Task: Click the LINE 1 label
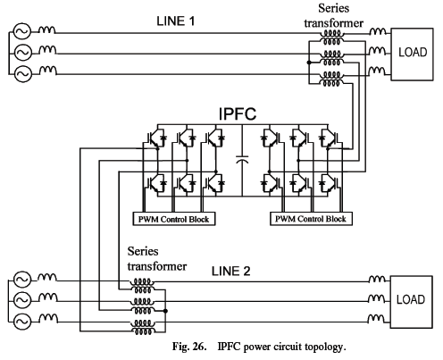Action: click(176, 21)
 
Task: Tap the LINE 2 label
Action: click(230, 272)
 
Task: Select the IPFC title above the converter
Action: click(238, 113)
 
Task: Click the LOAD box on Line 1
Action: click(412, 54)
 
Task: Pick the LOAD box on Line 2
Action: click(411, 302)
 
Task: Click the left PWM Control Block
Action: click(174, 219)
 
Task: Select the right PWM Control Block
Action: click(311, 219)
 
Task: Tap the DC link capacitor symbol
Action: click(242, 159)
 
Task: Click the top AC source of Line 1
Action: click(22, 31)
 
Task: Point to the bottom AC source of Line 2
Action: click(22, 321)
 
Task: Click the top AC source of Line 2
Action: click(22, 280)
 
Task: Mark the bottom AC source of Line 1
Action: click(22, 73)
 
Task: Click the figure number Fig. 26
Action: click(189, 347)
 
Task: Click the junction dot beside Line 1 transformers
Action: click(309, 63)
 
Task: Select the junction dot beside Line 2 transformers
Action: click(165, 311)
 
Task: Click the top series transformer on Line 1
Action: click(331, 38)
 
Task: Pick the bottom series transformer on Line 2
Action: click(143, 327)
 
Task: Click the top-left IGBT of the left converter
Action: click(155, 138)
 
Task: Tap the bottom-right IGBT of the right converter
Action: click(330, 182)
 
